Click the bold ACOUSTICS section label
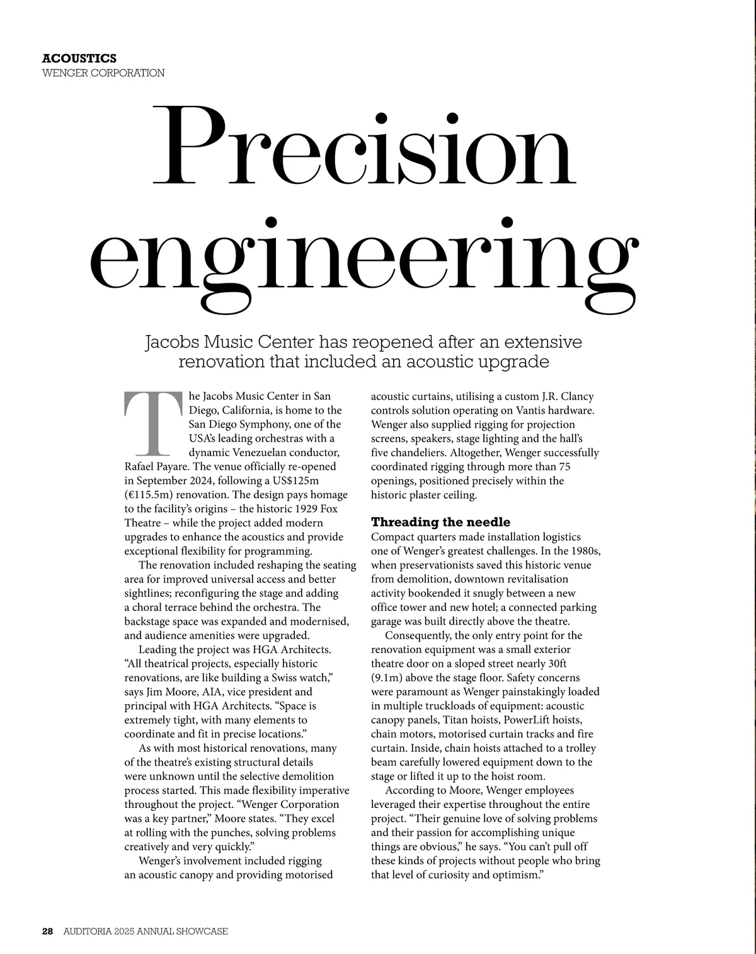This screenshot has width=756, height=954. pyautogui.click(x=79, y=59)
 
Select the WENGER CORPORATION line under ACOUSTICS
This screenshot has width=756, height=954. pyautogui.click(x=103, y=73)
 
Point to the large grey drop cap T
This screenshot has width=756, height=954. pyautogui.click(x=152, y=423)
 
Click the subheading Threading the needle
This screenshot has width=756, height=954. pyautogui.click(x=440, y=522)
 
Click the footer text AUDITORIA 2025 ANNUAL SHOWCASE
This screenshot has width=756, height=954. pyautogui.click(x=146, y=931)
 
